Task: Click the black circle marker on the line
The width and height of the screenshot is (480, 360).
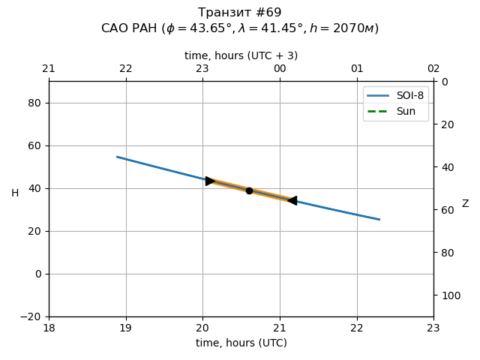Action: pyautogui.click(x=249, y=190)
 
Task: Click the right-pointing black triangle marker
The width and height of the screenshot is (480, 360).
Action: pyautogui.click(x=211, y=181)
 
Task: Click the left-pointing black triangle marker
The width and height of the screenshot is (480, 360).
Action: pyautogui.click(x=292, y=200)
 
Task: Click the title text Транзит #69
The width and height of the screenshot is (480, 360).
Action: pyautogui.click(x=240, y=13)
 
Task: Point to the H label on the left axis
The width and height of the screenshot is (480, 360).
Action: pyautogui.click(x=15, y=193)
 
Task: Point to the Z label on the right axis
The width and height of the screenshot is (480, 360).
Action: pyautogui.click(x=465, y=204)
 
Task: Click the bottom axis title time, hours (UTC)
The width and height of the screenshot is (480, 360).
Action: pyautogui.click(x=241, y=343)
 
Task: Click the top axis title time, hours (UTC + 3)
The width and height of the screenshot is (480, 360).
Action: pyautogui.click(x=241, y=55)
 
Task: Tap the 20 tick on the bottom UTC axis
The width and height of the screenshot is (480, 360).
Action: pyautogui.click(x=202, y=327)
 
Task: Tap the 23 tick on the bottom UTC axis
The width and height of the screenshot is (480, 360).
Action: pyautogui.click(x=433, y=327)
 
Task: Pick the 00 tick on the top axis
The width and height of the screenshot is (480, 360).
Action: pyautogui.click(x=280, y=69)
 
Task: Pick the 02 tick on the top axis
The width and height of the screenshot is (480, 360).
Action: pyautogui.click(x=433, y=69)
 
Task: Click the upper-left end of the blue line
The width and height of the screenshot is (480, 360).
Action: pyautogui.click(x=117, y=157)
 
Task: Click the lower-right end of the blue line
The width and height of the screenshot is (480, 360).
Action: pyautogui.click(x=379, y=220)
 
